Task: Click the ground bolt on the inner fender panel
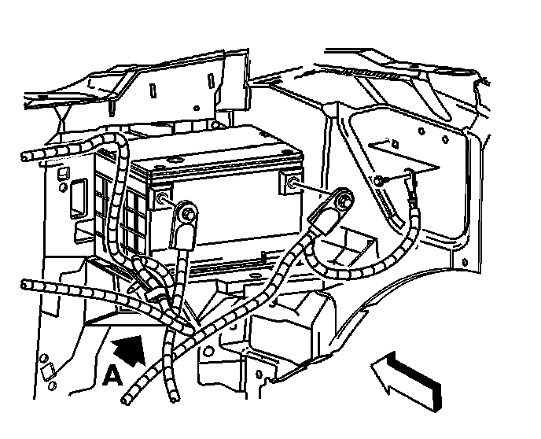point(379,182)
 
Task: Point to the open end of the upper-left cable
point(27,156)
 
